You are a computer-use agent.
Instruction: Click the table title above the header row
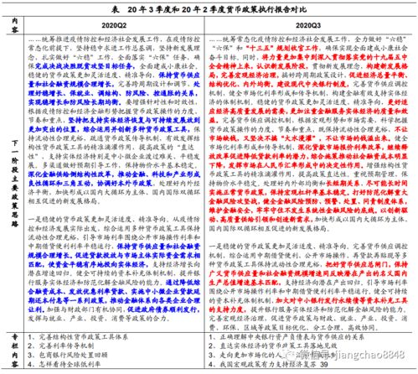point(209,8)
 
